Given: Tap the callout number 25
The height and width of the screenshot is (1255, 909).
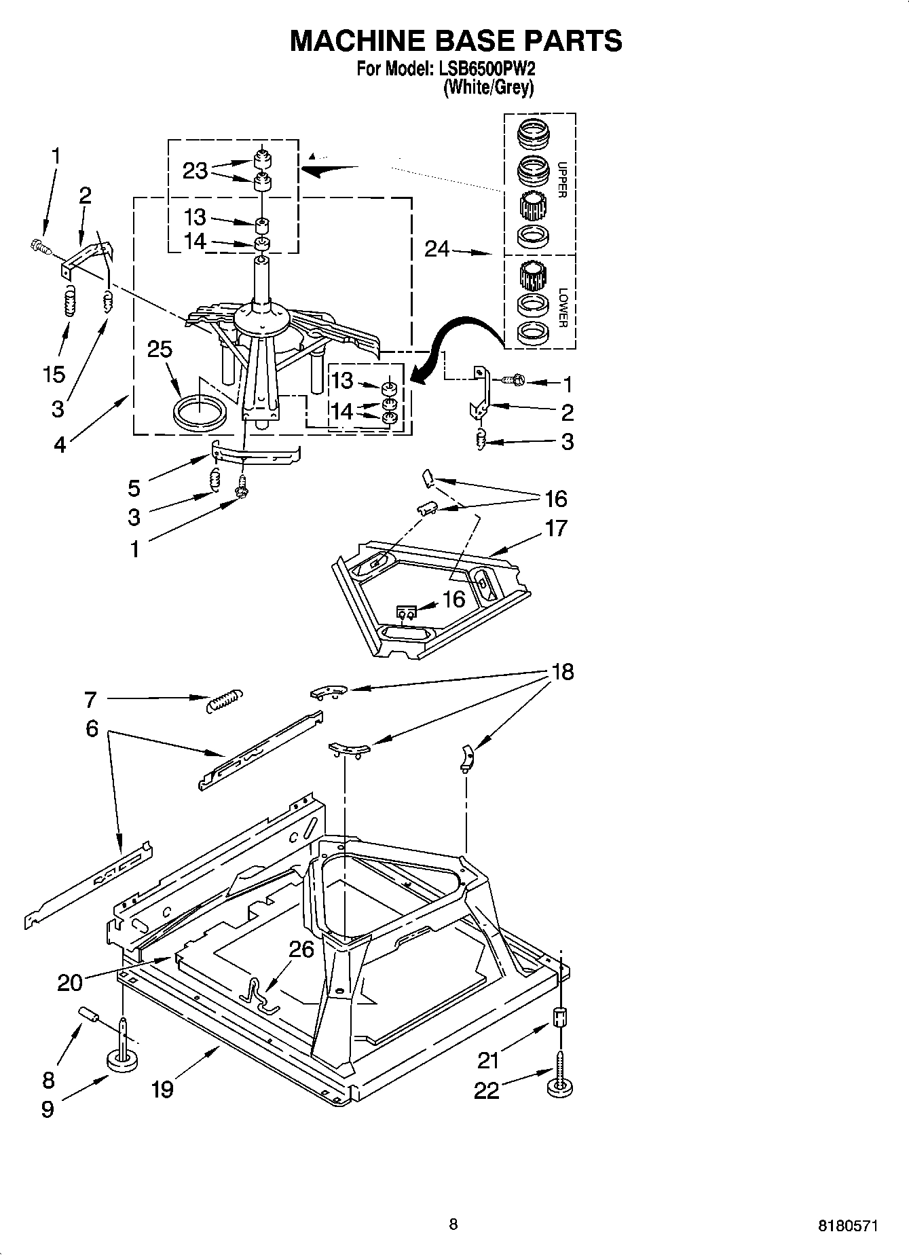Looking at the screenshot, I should tap(160, 350).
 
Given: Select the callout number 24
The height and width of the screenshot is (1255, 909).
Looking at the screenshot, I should tap(437, 250).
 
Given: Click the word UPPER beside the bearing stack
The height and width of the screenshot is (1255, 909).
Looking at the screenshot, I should tap(561, 179).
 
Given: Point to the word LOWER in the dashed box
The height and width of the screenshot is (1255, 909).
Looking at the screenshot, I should tap(562, 307).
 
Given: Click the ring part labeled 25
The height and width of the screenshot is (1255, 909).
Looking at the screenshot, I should tap(199, 413).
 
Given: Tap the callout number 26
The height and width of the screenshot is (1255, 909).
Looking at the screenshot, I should tap(301, 949).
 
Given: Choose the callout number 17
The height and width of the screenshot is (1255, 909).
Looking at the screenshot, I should tap(555, 527).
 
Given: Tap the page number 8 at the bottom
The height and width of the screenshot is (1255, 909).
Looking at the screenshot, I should tap(453, 1224).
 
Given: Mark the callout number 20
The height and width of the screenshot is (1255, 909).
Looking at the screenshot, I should tap(69, 982).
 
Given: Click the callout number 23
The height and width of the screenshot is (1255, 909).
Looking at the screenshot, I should tap(195, 170).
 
